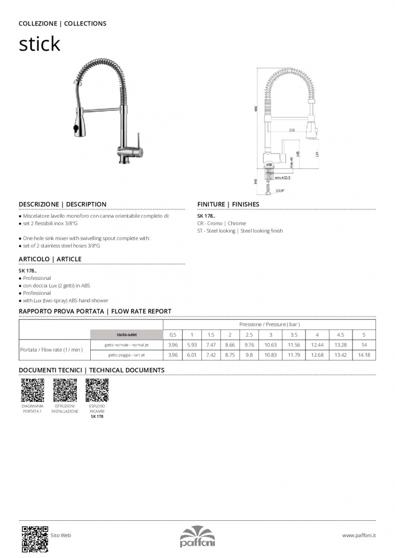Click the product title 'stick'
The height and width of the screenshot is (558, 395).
pyautogui.click(x=40, y=44)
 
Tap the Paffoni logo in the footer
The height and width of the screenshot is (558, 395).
pyautogui.click(x=197, y=537)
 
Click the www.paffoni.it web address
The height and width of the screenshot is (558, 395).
pyautogui.click(x=359, y=536)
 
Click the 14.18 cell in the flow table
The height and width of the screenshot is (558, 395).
pyautogui.click(x=364, y=355)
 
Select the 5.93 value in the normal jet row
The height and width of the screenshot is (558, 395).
pyautogui.click(x=192, y=345)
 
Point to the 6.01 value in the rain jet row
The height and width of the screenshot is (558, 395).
pyautogui.click(x=192, y=355)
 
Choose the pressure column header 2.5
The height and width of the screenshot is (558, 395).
pyautogui.click(x=249, y=335)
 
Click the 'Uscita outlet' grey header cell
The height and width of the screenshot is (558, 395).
pyautogui.click(x=127, y=335)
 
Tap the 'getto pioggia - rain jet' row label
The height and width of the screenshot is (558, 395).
pyautogui.click(x=127, y=355)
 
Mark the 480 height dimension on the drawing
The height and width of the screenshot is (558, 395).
pyautogui.click(x=255, y=109)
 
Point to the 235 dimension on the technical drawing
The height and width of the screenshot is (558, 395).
pyautogui.click(x=292, y=130)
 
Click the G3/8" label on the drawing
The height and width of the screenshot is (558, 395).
pyautogui.click(x=280, y=191)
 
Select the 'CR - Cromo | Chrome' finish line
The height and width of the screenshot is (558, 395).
pyautogui.click(x=221, y=224)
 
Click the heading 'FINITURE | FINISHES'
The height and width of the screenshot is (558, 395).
pyautogui.click(x=228, y=204)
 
